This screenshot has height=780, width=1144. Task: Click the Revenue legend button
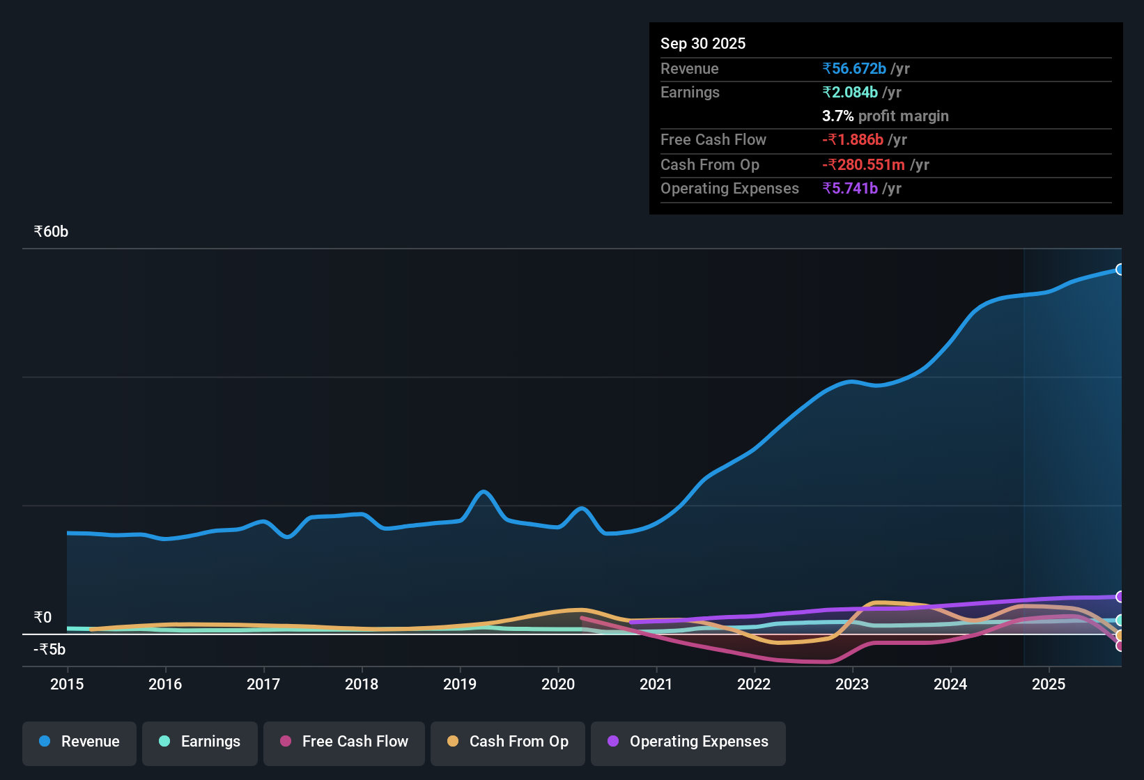(x=79, y=742)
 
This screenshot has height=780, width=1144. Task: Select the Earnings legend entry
(x=200, y=742)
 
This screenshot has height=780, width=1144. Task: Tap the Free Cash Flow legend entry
(x=344, y=742)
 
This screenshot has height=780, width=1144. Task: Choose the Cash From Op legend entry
(x=508, y=742)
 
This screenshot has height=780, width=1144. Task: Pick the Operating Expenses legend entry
(x=688, y=742)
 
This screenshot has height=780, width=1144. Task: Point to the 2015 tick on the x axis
(x=67, y=684)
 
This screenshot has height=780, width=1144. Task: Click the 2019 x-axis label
(x=460, y=684)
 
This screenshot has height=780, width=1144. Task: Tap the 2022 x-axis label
(x=754, y=684)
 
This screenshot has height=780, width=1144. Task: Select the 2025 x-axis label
(x=1049, y=684)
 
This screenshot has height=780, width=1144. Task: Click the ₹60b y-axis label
(x=52, y=232)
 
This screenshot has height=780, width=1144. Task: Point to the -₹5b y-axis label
(x=50, y=650)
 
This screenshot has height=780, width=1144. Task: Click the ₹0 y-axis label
(x=43, y=618)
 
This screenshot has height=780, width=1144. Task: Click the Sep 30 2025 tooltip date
(x=702, y=43)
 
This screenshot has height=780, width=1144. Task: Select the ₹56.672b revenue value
(x=854, y=68)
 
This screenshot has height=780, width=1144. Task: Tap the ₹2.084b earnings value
(x=850, y=92)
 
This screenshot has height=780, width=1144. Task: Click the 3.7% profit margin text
(x=885, y=116)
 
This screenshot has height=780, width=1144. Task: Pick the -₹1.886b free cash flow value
(x=853, y=139)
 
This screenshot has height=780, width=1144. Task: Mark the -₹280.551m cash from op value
(x=863, y=164)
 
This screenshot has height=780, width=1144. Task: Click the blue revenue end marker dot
(x=1120, y=270)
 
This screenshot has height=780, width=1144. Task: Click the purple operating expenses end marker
(x=1120, y=597)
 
